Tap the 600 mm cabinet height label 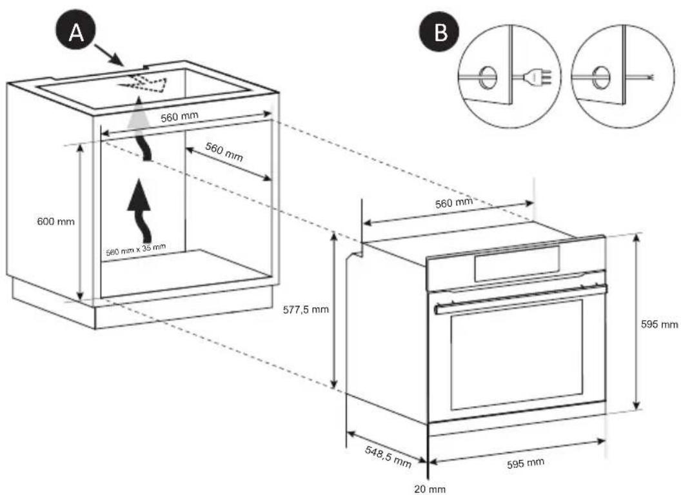tap(56, 221)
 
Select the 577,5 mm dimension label tap(306, 309)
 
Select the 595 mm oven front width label tap(525, 463)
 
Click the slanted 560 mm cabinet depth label tap(224, 152)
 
